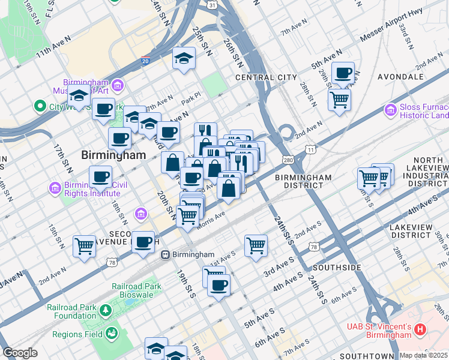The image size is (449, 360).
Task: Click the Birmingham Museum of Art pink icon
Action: click(116, 85)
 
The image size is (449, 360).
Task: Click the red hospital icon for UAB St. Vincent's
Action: click(420, 329)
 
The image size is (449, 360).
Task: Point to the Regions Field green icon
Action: click(110, 333)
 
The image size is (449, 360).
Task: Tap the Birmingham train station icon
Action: click(166, 254)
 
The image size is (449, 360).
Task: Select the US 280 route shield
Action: click(288, 160)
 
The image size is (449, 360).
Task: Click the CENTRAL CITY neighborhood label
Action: click(266, 77)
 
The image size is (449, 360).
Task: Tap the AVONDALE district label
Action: click(401, 77)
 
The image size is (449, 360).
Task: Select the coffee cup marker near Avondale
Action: click(343, 73)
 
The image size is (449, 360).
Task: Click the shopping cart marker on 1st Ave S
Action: click(256, 245)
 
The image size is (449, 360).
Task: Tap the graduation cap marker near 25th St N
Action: click(184, 58)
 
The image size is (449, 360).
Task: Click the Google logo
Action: click(19, 353)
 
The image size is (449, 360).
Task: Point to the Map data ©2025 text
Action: click(423, 355)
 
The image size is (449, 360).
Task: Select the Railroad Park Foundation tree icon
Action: click(106, 310)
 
